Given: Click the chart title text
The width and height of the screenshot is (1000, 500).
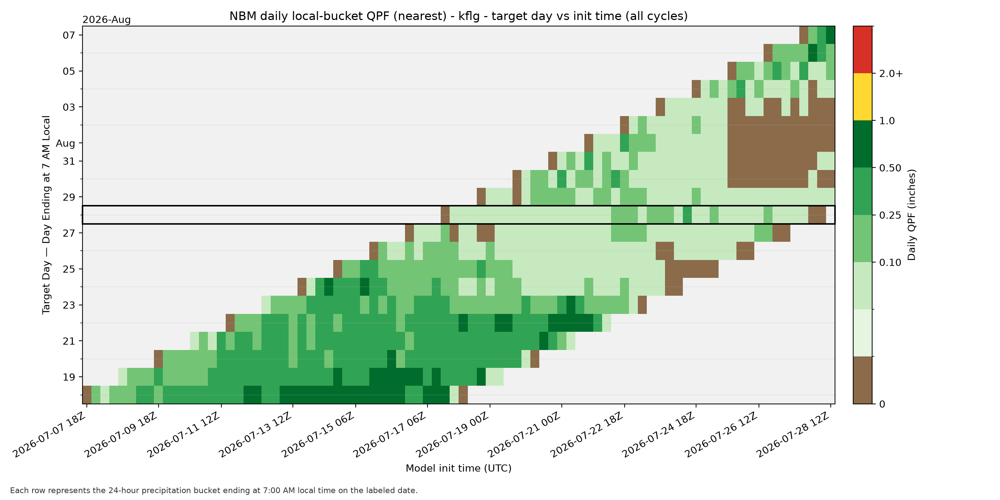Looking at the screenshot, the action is (459, 16).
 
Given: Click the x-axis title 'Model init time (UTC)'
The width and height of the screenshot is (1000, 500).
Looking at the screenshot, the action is (459, 468).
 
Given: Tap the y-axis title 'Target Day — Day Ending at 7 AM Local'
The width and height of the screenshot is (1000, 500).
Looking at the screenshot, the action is (46, 215).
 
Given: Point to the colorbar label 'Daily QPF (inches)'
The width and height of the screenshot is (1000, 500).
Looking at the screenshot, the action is (911, 215).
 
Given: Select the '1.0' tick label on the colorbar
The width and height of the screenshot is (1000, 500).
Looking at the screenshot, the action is (887, 121).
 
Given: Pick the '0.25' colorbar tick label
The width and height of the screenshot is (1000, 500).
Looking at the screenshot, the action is (890, 215).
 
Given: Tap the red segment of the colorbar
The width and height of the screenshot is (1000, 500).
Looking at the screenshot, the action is (862, 50).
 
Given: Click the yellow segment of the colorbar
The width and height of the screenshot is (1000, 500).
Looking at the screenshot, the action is (862, 97).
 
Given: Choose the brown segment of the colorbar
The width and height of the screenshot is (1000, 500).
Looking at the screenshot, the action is (862, 380).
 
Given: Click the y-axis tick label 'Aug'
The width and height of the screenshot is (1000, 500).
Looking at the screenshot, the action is (65, 143).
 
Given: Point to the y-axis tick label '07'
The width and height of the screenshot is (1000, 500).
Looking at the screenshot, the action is (69, 35).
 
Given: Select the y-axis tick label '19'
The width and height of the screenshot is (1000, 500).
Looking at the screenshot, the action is (69, 377).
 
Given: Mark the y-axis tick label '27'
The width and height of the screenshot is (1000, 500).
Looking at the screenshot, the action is (69, 233).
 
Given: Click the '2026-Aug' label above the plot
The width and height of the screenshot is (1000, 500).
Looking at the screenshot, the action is (106, 20).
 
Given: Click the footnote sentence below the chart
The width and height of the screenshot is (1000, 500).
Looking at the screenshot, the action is (214, 490).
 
